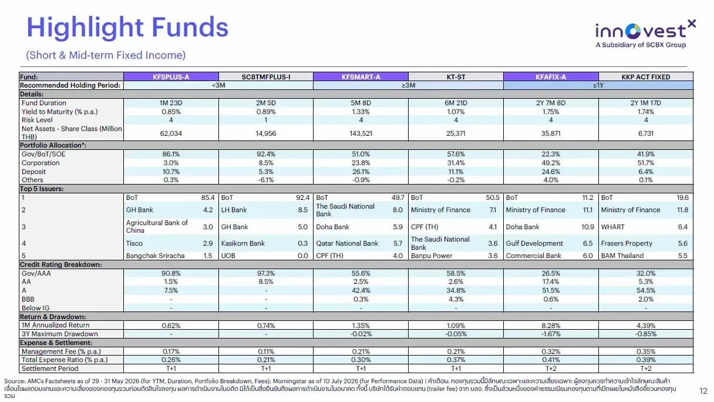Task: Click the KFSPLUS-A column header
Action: pyautogui.click(x=171, y=77)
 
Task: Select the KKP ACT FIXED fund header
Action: pyautogui.click(x=646, y=77)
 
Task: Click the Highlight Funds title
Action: pyautogui.click(x=127, y=28)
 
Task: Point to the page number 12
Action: pyautogui.click(x=703, y=391)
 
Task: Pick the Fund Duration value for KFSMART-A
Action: pyautogui.click(x=361, y=103)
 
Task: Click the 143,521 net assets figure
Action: pyautogui.click(x=361, y=133)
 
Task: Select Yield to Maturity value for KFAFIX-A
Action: pyautogui.click(x=551, y=112)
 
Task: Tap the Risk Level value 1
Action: pyautogui.click(x=266, y=120)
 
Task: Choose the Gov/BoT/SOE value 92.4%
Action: pyautogui.click(x=266, y=154)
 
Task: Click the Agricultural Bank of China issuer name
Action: pyautogui.click(x=157, y=226)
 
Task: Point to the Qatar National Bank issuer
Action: pyautogui.click(x=347, y=243)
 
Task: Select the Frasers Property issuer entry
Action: pyautogui.click(x=627, y=243)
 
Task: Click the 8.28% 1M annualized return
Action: pyautogui.click(x=551, y=326)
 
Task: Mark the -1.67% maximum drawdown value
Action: pyautogui.click(x=551, y=334)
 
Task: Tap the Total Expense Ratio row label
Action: pyautogui.click(x=65, y=360)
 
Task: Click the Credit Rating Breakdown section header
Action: pyautogui.click(x=61, y=264)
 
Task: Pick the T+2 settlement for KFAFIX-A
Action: pyautogui.click(x=551, y=369)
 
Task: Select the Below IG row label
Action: pyautogui.click(x=35, y=308)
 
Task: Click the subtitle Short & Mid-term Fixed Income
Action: pyautogui.click(x=106, y=55)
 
